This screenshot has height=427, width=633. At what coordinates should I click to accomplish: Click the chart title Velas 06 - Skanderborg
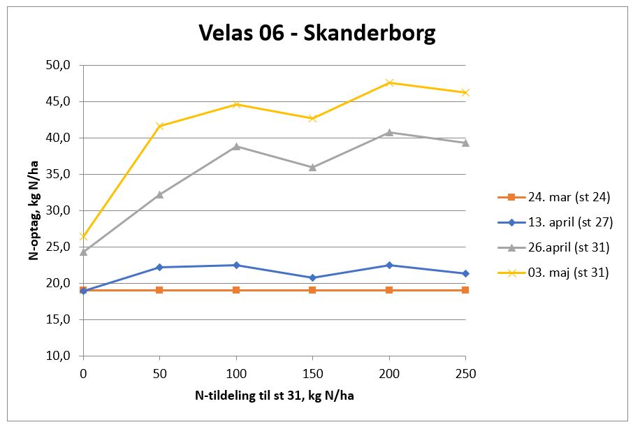click(316, 32)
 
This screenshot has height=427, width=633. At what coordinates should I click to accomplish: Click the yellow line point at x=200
click(389, 82)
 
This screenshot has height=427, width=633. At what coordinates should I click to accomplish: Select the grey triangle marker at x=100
click(236, 146)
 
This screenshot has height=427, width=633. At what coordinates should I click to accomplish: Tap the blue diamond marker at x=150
click(312, 277)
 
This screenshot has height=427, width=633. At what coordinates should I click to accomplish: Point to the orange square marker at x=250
click(465, 289)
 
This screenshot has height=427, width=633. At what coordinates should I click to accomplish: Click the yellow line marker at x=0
click(83, 236)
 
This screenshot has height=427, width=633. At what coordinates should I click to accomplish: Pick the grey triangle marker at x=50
click(159, 194)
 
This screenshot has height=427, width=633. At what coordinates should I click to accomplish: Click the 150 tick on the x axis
click(312, 374)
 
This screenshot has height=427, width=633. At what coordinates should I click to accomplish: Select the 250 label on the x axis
click(465, 374)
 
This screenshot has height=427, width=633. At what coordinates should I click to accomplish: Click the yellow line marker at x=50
click(159, 126)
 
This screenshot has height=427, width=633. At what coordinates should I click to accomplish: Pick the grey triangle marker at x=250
click(465, 143)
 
